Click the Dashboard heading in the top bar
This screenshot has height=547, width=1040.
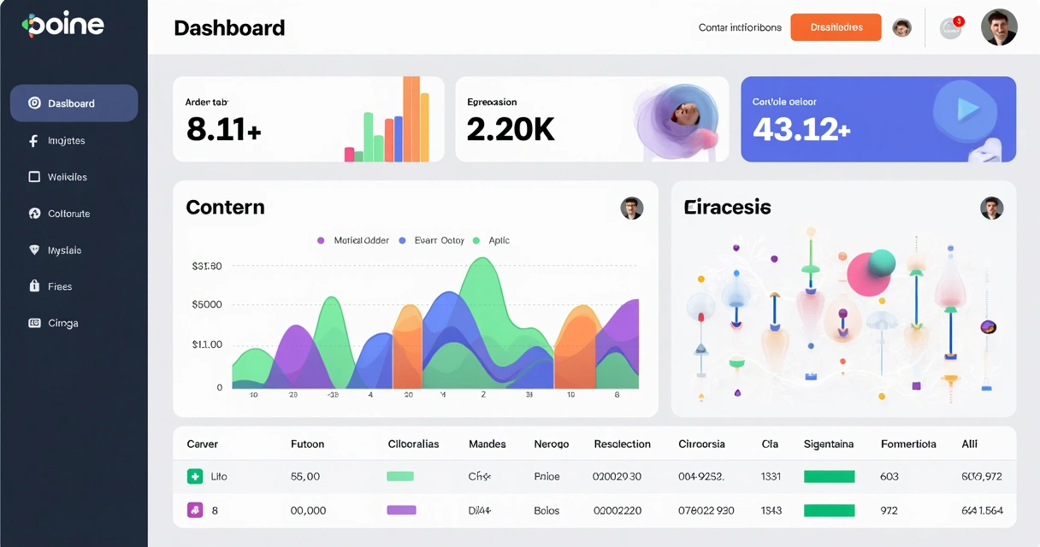point(229,28)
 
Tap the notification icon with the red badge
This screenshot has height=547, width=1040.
point(950,28)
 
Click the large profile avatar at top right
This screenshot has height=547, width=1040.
point(999,27)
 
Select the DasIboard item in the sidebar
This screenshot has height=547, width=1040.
point(74,103)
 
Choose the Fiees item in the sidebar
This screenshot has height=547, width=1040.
point(59,286)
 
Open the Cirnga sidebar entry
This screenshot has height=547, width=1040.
point(62,323)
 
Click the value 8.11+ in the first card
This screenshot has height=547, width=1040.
point(223,129)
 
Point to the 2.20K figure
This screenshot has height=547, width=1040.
point(511,129)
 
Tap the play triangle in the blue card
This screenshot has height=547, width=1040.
point(967,109)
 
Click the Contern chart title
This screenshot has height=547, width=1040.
point(225,207)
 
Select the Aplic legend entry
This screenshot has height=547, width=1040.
point(499,240)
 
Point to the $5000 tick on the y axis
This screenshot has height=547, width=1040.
point(207,304)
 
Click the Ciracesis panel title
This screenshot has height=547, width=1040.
point(727,207)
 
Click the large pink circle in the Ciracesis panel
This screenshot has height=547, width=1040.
point(867,273)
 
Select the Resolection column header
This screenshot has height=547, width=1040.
point(622,444)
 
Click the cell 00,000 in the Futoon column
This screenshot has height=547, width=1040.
point(308,510)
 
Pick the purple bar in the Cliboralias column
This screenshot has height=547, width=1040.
point(401,510)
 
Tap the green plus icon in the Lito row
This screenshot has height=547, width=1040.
point(194,476)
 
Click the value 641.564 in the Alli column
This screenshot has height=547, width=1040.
point(982,510)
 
